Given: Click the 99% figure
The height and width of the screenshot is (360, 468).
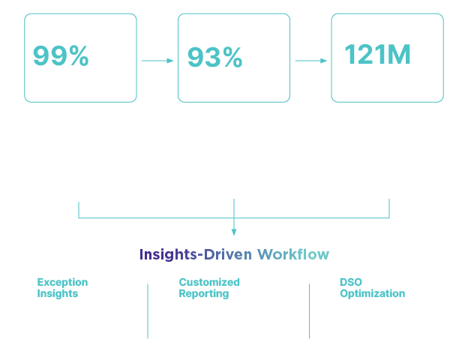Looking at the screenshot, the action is pos(61,55).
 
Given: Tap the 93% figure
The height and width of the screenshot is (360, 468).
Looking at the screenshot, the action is pos(215,57).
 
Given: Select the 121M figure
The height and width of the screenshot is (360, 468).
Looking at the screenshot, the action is pos(377,54).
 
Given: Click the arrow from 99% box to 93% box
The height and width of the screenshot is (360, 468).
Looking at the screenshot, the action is pos(157,61).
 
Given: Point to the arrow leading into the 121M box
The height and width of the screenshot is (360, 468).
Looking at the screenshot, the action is pos(311,61).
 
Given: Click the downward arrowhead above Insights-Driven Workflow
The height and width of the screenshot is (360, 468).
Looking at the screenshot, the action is pos(234,232).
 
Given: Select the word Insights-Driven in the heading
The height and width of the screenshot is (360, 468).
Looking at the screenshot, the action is pos(196,255).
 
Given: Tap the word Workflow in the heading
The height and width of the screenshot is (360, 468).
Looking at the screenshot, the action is pos(293,255).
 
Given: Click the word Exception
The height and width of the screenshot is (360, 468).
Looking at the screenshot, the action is pos(62,283).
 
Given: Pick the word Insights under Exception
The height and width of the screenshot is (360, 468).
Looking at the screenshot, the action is pos(58,293).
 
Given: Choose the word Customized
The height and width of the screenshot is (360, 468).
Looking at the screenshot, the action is pos(209,282).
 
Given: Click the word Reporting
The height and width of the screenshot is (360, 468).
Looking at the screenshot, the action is pos(204,294).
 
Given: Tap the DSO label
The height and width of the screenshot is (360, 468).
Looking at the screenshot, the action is pos(351,282).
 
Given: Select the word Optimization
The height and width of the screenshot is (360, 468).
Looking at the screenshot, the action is pos(373,294).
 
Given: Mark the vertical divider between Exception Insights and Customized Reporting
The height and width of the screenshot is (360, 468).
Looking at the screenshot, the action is pos(148,311).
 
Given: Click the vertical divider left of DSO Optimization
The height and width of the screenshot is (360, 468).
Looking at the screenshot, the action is pos(309,311).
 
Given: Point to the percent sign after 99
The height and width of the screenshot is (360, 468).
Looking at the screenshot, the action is pos(79,55).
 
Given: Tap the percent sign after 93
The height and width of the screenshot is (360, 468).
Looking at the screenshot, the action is pos(232,57).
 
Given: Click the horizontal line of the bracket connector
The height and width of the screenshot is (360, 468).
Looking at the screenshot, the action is pos(234,218).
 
